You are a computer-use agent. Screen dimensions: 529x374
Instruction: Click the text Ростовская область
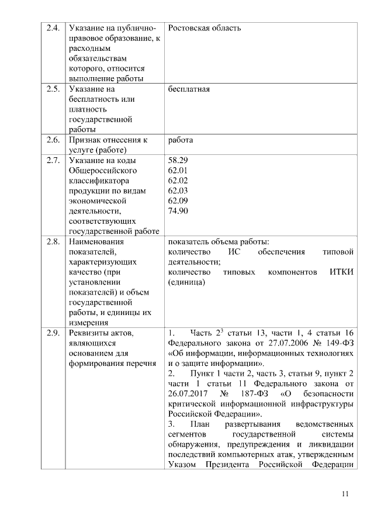pos(204,28)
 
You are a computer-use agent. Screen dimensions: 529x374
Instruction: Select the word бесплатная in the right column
pos(188,89)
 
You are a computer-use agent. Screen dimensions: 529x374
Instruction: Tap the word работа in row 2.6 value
pos(180,140)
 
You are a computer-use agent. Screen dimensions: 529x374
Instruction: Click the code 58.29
pos(178,160)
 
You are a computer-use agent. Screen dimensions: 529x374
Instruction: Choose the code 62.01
pos(178,170)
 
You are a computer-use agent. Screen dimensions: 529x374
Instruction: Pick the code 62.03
pos(178,191)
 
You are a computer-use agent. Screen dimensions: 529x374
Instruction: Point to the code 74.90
pos(178,211)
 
